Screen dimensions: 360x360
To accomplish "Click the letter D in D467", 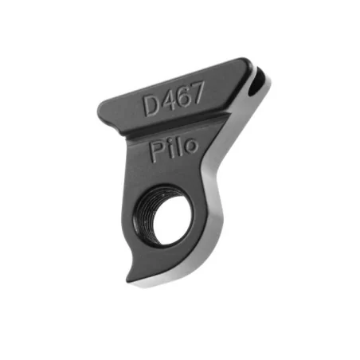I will point(151,105).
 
